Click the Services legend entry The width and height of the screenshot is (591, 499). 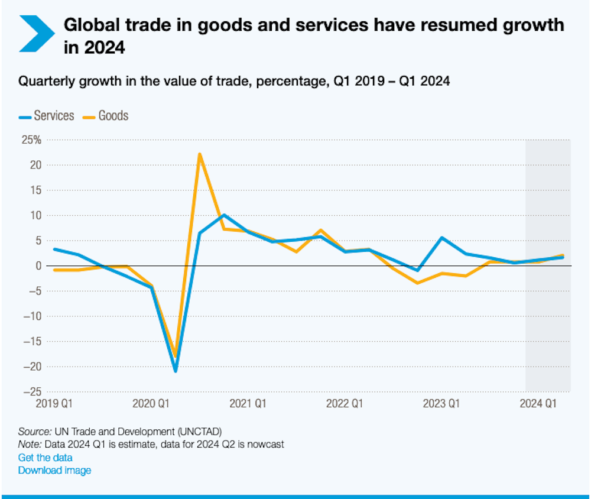point(47,116)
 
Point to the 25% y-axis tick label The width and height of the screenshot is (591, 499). point(31,140)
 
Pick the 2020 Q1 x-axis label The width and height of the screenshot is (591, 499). point(151,404)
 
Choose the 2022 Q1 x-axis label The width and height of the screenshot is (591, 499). point(345,404)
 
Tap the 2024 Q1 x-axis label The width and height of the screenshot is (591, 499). point(538,404)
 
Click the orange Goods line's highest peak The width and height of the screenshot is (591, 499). point(200,154)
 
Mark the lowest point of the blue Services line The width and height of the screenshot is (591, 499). point(176,371)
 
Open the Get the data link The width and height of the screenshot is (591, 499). point(45,458)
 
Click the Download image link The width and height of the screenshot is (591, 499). point(54,471)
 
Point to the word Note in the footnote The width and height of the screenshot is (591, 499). point(29,444)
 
